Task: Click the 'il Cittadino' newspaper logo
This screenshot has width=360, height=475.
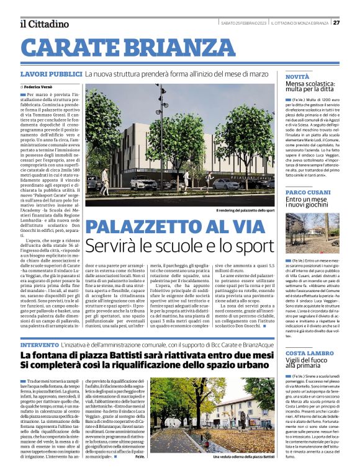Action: [44, 24]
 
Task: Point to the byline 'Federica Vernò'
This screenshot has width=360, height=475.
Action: [41, 87]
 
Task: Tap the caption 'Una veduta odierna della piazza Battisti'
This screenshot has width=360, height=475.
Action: [243, 457]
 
